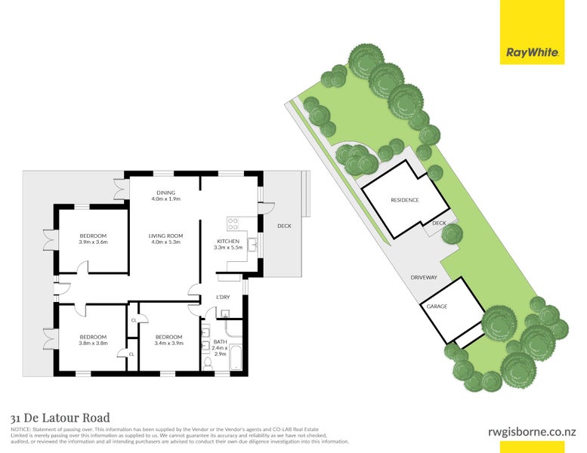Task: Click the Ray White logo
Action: [532, 53]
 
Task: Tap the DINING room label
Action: [165, 193]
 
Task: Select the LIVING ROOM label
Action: [165, 236]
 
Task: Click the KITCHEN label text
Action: [227, 241]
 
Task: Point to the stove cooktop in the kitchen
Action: [233, 223]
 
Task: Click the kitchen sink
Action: [252, 243]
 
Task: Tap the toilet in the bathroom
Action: [207, 364]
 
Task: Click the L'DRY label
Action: [223, 297]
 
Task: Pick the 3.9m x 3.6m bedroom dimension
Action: [94, 242]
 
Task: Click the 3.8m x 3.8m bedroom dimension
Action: [93, 343]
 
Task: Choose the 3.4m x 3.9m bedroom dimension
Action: [168, 343]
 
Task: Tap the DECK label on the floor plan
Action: [283, 225]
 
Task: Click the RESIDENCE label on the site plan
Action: [404, 200]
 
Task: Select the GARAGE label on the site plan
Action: [437, 307]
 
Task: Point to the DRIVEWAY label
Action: [424, 277]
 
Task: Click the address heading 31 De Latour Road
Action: [60, 418]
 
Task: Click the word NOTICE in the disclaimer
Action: [20, 429]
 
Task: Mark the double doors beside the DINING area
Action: [119, 188]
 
